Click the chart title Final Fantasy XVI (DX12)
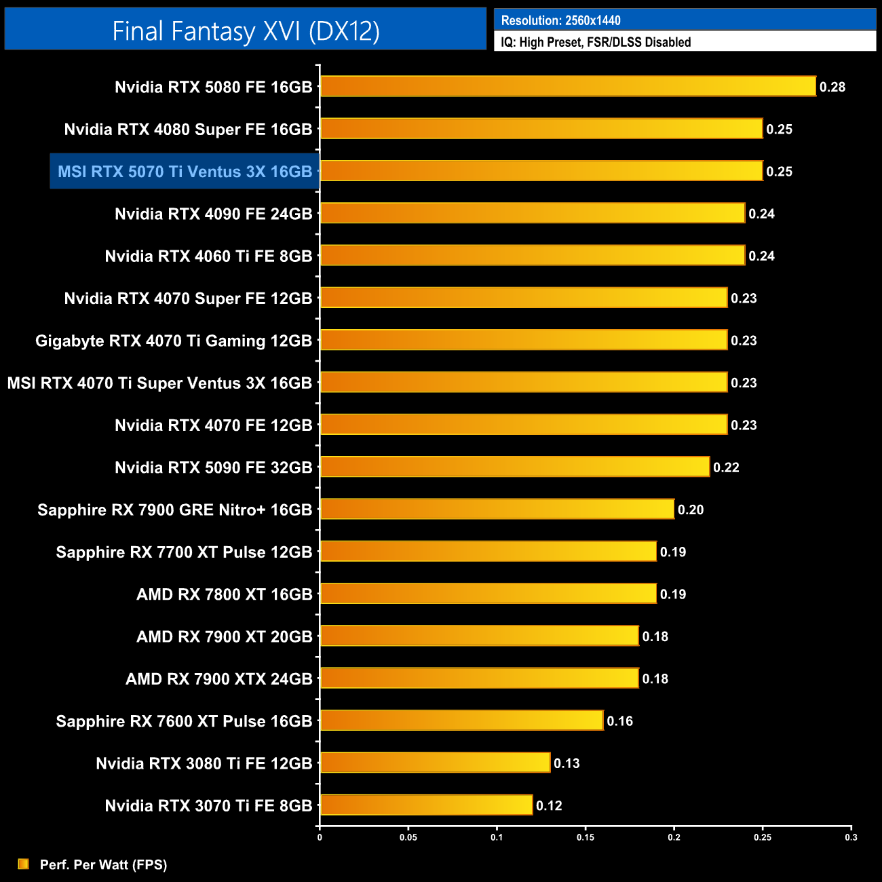click(x=246, y=31)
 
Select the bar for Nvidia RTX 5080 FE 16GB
click(x=568, y=86)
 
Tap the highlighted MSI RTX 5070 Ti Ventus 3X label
click(x=185, y=172)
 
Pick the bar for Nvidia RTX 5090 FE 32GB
click(x=515, y=467)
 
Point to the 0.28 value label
click(x=832, y=87)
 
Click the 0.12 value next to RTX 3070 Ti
click(x=549, y=805)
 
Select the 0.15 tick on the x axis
click(x=586, y=837)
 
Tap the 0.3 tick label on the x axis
click(x=851, y=837)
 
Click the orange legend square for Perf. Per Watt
click(x=24, y=864)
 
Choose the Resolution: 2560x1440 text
click(x=561, y=20)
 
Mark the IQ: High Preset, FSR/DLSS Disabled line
click(x=596, y=42)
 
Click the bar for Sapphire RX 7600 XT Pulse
click(x=462, y=721)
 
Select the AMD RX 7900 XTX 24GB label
click(x=218, y=679)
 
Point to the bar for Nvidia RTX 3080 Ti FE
click(x=435, y=763)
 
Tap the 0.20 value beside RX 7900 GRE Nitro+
click(x=691, y=510)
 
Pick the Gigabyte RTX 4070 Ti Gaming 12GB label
click(x=174, y=341)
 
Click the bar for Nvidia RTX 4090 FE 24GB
click(x=533, y=213)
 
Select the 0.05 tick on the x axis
click(x=408, y=837)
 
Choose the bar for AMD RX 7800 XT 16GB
click(x=488, y=594)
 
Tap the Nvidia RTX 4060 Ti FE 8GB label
click(x=208, y=256)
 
